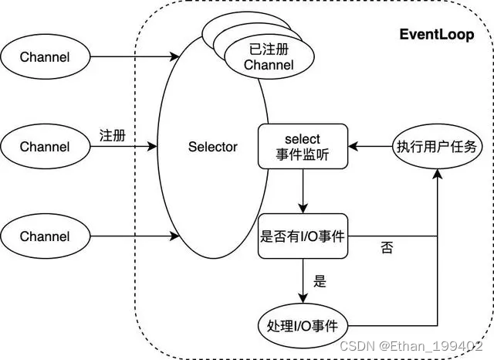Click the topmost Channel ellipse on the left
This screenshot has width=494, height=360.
[x=44, y=56]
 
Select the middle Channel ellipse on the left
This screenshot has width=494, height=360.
[x=44, y=146]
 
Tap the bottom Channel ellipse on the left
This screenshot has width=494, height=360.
[x=44, y=236]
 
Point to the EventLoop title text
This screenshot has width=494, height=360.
[x=435, y=35]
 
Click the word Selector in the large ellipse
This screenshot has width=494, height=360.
[x=213, y=146]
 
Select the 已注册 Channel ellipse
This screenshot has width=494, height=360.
[x=269, y=58]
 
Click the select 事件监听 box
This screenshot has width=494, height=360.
[x=302, y=146]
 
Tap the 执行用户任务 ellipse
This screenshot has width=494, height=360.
[x=437, y=146]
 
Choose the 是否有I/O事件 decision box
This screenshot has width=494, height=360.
[x=302, y=236]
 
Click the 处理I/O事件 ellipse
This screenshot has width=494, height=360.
[x=302, y=324]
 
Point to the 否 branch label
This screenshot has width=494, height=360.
[x=387, y=249]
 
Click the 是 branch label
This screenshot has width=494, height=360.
[x=320, y=281]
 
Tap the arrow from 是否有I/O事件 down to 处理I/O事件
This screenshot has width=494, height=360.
[x=302, y=281]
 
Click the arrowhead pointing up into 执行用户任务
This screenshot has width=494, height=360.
[x=438, y=175]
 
